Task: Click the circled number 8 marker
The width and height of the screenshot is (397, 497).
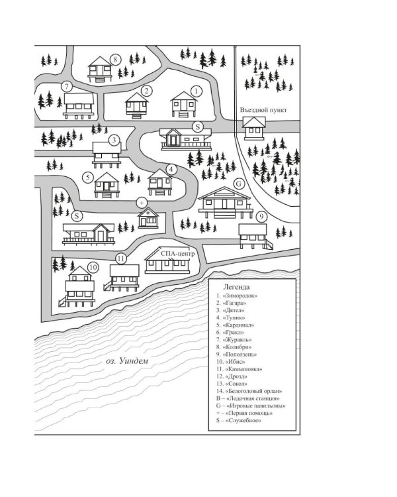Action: click(115, 59)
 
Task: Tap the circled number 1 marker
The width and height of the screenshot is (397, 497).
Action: click(197, 91)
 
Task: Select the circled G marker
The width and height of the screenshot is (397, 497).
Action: click(239, 184)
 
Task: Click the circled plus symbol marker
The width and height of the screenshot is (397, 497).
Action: click(142, 202)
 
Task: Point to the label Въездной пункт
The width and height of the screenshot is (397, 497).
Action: click(263, 110)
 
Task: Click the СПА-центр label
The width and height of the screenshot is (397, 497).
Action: click(177, 254)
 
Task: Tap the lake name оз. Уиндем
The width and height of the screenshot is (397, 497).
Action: click(127, 360)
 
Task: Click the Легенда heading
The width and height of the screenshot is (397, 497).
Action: click(236, 287)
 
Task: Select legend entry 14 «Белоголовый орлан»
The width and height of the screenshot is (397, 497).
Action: click(249, 391)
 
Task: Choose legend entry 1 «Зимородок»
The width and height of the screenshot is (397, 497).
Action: click(236, 296)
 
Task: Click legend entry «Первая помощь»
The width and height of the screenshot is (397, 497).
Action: click(244, 413)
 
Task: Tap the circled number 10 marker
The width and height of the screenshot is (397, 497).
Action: click(93, 268)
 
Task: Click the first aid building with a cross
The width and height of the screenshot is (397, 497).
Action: click(148, 218)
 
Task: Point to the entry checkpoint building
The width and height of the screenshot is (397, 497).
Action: click(254, 127)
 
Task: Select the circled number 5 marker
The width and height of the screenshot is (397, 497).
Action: click(88, 178)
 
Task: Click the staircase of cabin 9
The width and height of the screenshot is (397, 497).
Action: click(269, 245)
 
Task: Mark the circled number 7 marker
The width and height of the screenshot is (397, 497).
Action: click(66, 87)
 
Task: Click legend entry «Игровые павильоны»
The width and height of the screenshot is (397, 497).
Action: click(251, 406)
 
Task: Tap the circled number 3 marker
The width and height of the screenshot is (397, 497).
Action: click(114, 140)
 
